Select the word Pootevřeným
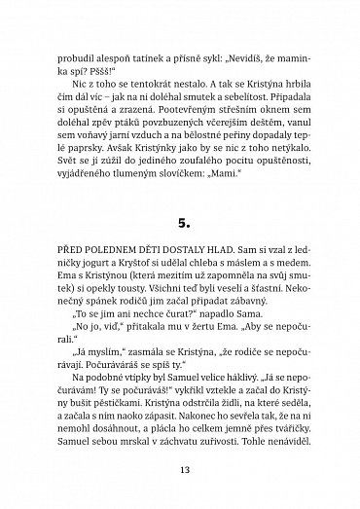[166, 111]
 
